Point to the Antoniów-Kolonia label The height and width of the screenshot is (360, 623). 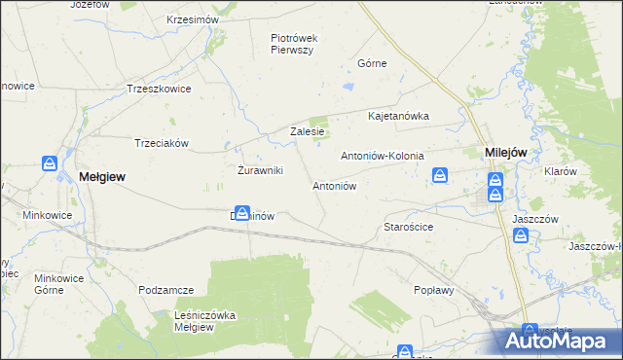coord(380,156)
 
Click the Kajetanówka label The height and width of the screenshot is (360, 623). coord(398,116)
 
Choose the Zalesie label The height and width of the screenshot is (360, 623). coord(307,132)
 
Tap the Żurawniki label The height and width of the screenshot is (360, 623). coord(260,170)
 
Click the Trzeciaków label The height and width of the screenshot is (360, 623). coord(161,142)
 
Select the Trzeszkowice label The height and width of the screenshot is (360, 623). coord(155,88)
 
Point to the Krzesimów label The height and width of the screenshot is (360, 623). coord(194,19)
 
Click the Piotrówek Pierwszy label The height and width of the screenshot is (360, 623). coord(294,44)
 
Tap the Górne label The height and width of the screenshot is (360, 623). coord(372,63)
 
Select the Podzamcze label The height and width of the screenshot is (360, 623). coord(166,290)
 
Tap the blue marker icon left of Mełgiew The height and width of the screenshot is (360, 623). coord(49,163)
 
